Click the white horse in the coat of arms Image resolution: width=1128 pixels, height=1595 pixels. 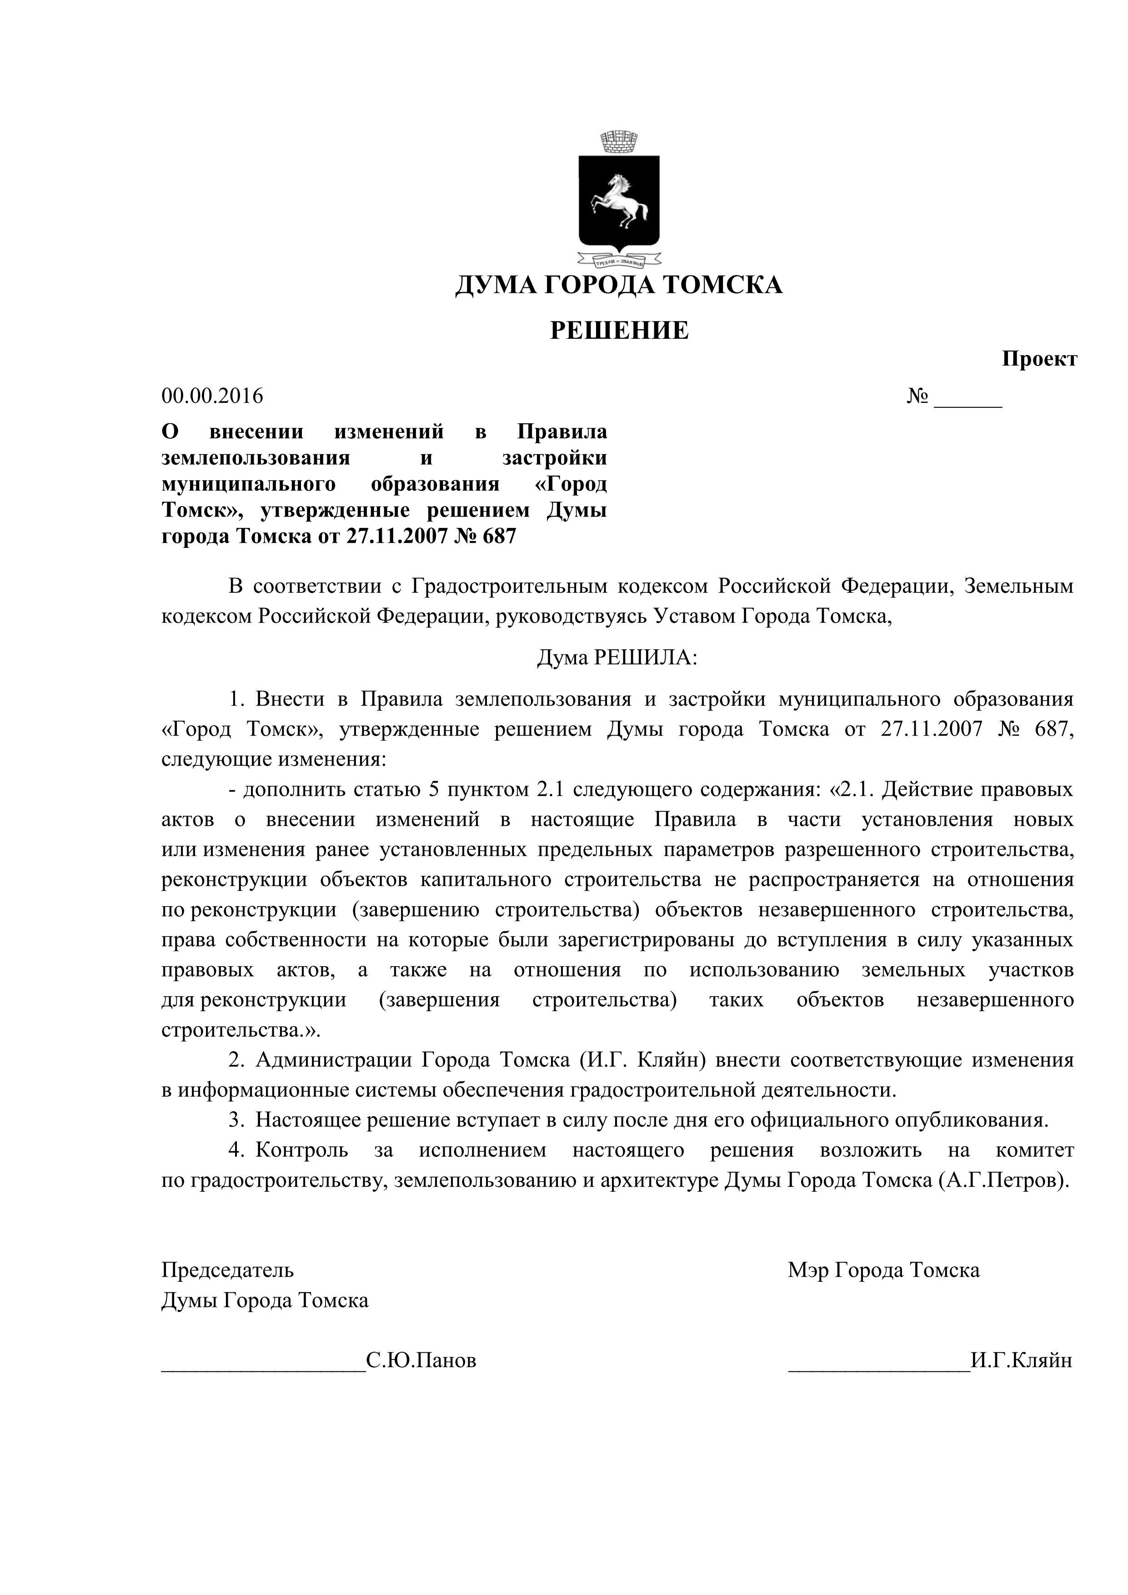618,201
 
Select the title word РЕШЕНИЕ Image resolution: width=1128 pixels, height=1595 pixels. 619,331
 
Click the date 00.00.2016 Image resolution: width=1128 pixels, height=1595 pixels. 212,396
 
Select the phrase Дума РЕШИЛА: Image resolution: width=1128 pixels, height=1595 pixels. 617,657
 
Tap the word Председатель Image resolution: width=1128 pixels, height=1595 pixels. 228,1270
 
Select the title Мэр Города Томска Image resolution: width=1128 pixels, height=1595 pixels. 883,1270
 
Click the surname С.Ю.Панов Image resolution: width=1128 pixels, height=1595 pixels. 421,1360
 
